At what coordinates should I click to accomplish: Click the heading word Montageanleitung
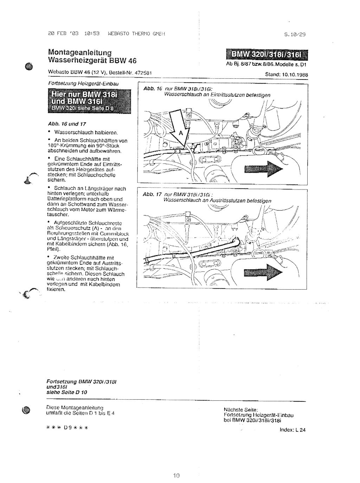tap(80, 52)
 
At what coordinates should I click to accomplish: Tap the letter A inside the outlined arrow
tap(181, 133)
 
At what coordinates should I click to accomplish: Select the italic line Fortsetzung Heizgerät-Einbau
tap(83, 84)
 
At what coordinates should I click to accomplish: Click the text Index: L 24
tap(292, 430)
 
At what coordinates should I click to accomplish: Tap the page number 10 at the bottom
tap(176, 466)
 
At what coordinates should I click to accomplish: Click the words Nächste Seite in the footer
tap(241, 410)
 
